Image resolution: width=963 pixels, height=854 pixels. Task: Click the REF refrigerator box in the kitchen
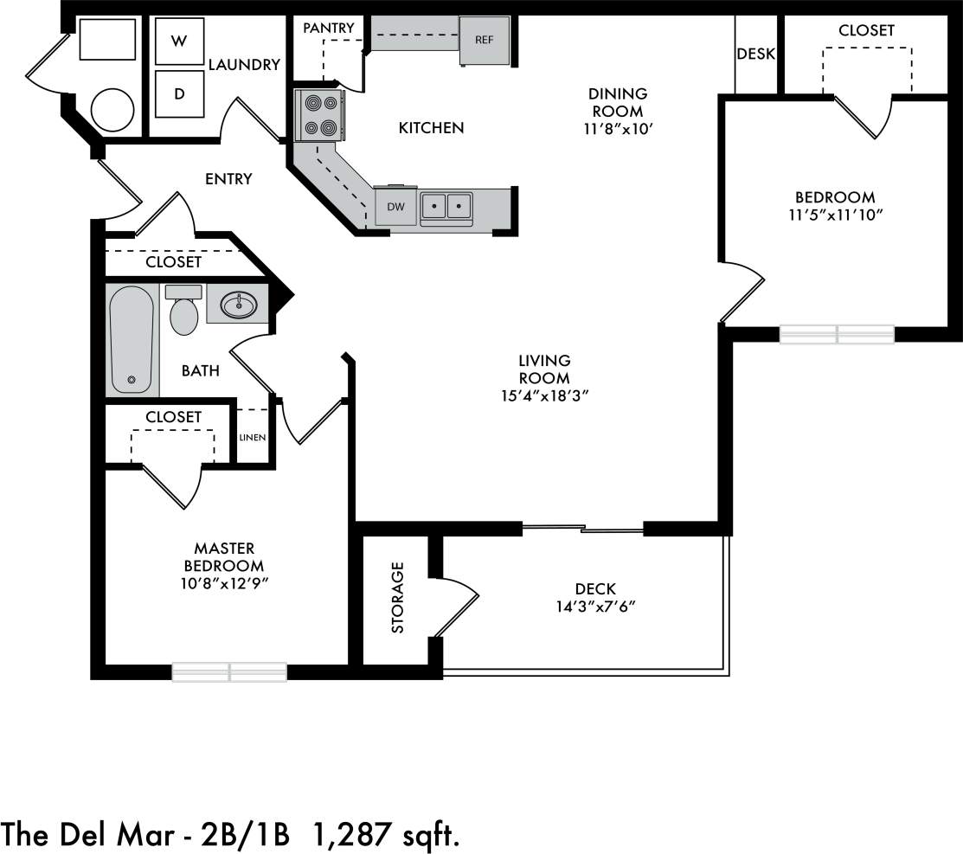pos(485,40)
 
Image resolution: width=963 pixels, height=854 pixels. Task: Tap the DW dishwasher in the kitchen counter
pos(395,207)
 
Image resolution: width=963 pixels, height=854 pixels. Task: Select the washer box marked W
pos(179,41)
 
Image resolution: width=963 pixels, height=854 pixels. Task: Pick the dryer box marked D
pos(179,93)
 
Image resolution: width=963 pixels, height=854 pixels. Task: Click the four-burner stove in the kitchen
pos(319,116)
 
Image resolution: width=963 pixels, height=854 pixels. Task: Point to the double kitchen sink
pos(446,206)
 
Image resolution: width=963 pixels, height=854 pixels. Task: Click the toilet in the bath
pos(183,312)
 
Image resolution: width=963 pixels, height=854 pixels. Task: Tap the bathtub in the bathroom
pos(132,339)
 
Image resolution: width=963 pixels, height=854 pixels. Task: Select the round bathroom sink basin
pos(237,304)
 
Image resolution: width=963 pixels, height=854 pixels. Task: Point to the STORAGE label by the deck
pos(398,597)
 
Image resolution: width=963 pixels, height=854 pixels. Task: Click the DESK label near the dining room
pos(755,55)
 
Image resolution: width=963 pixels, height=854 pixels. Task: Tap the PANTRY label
pos(328,29)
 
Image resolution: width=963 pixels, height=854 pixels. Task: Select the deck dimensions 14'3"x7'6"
pos(595,607)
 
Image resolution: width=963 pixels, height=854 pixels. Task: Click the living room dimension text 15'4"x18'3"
pos(544,396)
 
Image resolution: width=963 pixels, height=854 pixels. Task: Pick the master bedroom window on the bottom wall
pos(229,671)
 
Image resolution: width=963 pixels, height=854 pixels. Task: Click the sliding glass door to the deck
pos(583,527)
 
